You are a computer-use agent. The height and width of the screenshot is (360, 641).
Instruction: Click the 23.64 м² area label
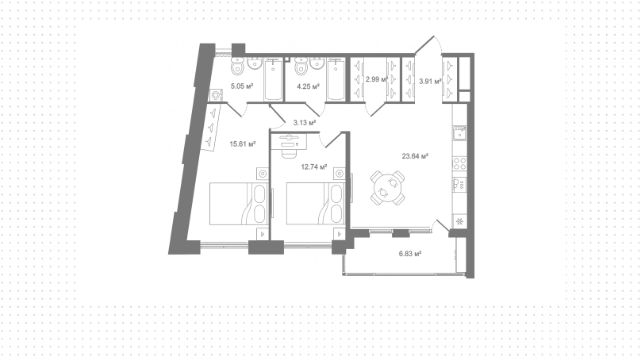click(415, 155)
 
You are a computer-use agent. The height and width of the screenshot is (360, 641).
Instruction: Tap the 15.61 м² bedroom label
click(243, 144)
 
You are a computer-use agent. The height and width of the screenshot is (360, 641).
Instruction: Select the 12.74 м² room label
click(314, 167)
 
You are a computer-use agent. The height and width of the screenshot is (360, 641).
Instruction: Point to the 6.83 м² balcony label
click(410, 254)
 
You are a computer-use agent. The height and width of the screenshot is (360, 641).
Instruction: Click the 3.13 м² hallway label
click(305, 122)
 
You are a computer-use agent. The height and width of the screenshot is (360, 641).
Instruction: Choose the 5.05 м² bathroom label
click(242, 86)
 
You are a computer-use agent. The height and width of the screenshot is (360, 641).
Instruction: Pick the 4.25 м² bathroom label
click(308, 86)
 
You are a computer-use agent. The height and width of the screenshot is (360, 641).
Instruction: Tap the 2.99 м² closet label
click(377, 79)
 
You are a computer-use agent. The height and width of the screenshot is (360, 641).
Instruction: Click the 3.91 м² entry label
click(430, 81)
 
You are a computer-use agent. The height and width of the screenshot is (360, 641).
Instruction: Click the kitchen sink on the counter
click(459, 132)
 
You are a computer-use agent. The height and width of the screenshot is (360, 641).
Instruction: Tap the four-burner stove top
click(459, 163)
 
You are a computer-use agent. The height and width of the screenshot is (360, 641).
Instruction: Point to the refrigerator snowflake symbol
click(459, 222)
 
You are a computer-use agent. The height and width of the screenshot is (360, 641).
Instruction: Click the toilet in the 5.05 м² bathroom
click(237, 66)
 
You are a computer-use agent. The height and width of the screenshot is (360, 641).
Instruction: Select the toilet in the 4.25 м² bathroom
click(301, 66)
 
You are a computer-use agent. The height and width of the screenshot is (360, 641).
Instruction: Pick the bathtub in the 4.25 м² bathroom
click(336, 79)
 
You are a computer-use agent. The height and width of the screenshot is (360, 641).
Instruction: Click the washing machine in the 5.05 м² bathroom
click(216, 96)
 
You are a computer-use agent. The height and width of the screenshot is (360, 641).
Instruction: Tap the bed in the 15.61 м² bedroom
click(239, 204)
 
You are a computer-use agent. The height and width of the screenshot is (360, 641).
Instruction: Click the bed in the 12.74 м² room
click(316, 204)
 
